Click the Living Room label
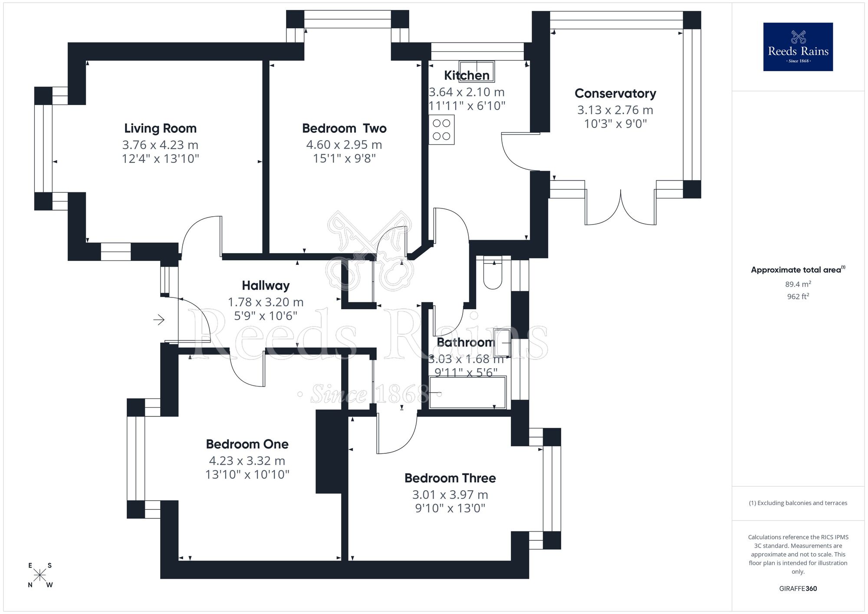pos(160,128)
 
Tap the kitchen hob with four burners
pos(441,129)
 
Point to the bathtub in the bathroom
pos(467,393)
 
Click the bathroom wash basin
pos(502,343)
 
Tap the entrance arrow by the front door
pos(159,320)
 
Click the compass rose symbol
pos(40,575)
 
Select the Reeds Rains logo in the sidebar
pos(798,47)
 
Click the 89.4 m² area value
pos(798,284)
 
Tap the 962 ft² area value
pos(798,297)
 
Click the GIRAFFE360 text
pos(798,589)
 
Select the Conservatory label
pos(615,93)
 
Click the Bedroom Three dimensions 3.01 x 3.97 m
pos(450,495)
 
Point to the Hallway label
pos(266,285)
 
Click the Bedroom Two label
pos(344,128)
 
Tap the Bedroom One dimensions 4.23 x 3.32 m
pos(247,461)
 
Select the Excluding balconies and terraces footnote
pos(798,503)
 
